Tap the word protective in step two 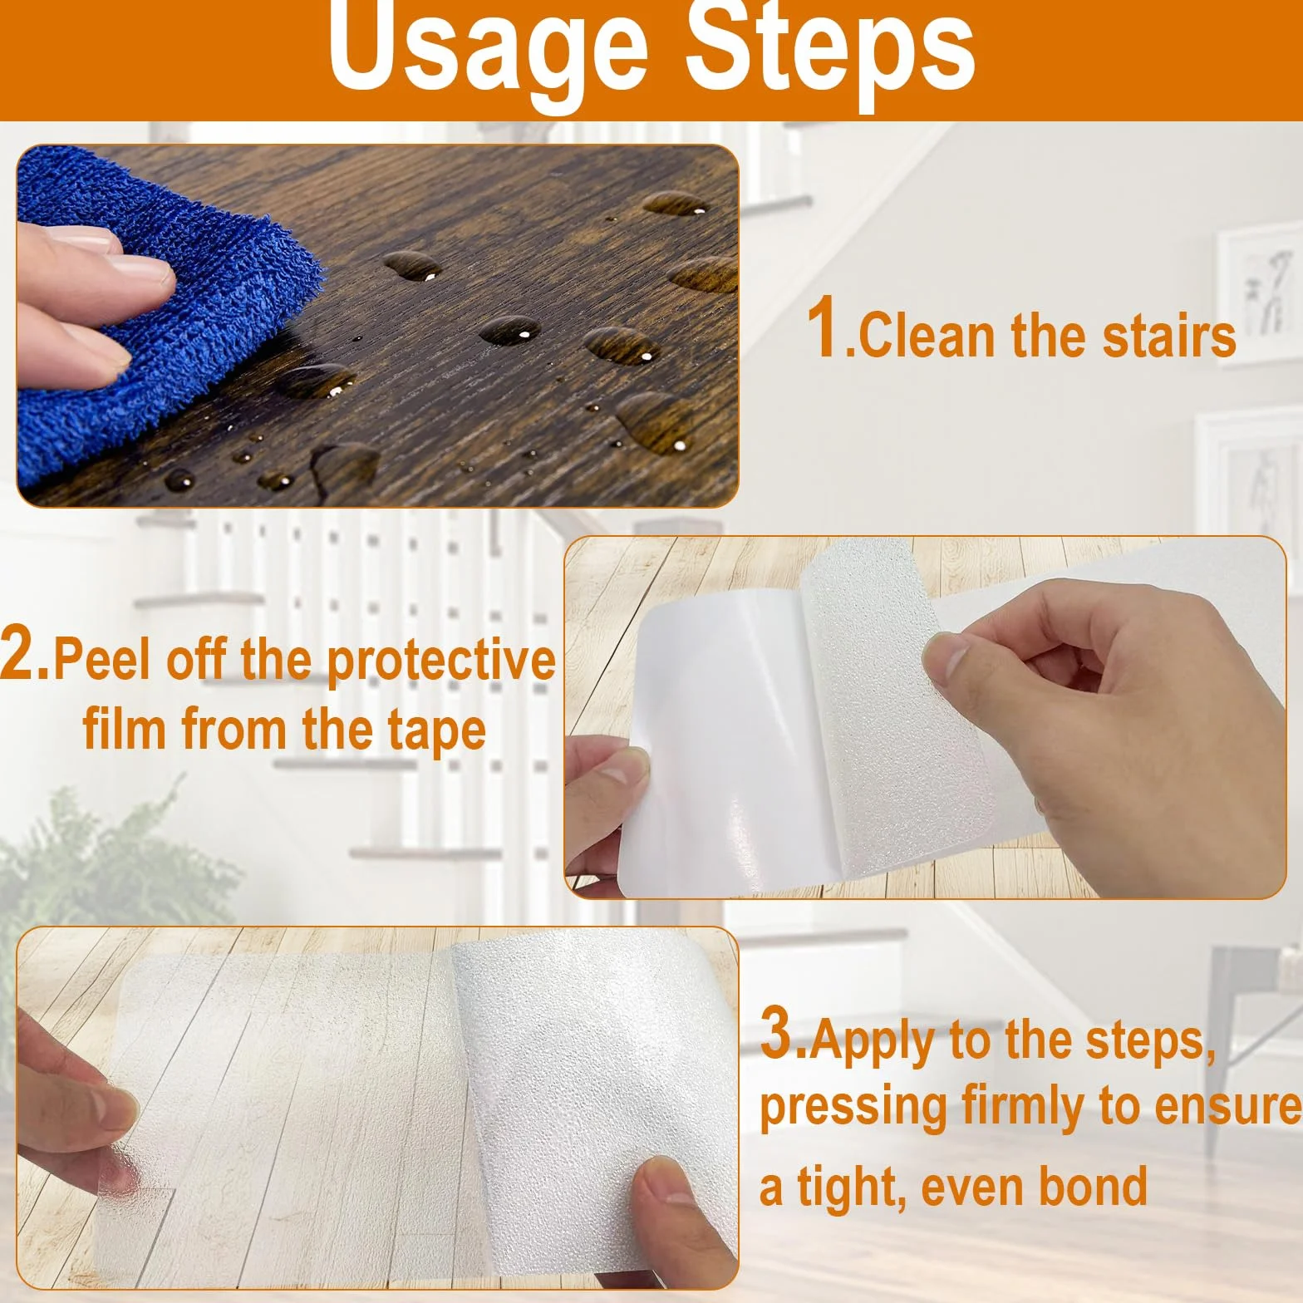[x=441, y=662]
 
